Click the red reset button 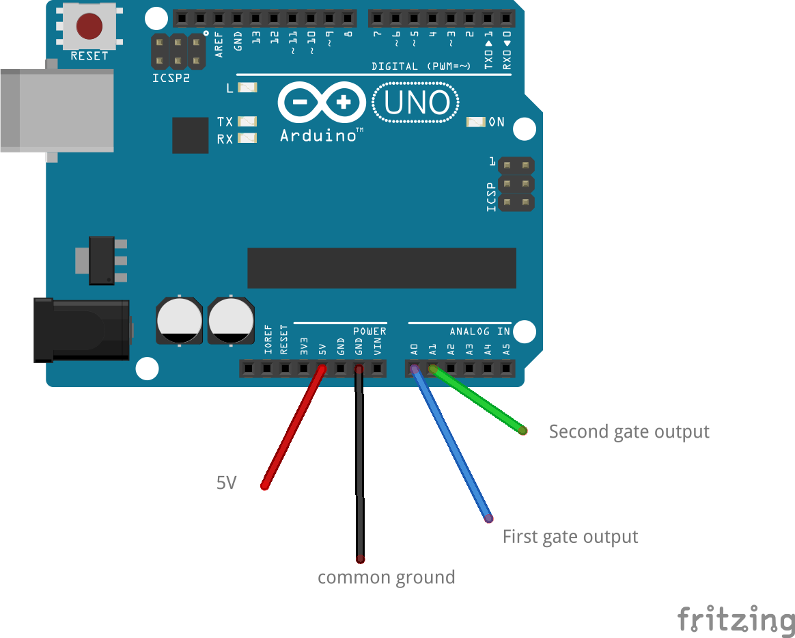(x=89, y=26)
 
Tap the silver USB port (x=57, y=110)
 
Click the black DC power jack (x=82, y=330)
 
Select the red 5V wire (x=293, y=427)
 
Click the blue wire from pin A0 (x=451, y=444)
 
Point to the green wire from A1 (x=477, y=400)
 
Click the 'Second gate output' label (x=629, y=432)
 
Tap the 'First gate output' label (x=570, y=537)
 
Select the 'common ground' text (x=387, y=578)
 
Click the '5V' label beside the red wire (x=226, y=483)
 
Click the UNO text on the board (x=417, y=103)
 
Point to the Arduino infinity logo (x=322, y=102)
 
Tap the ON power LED (x=475, y=122)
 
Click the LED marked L (x=247, y=88)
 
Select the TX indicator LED (x=247, y=121)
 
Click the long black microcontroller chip (x=382, y=268)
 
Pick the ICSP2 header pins (x=178, y=51)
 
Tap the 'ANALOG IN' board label (x=479, y=332)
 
